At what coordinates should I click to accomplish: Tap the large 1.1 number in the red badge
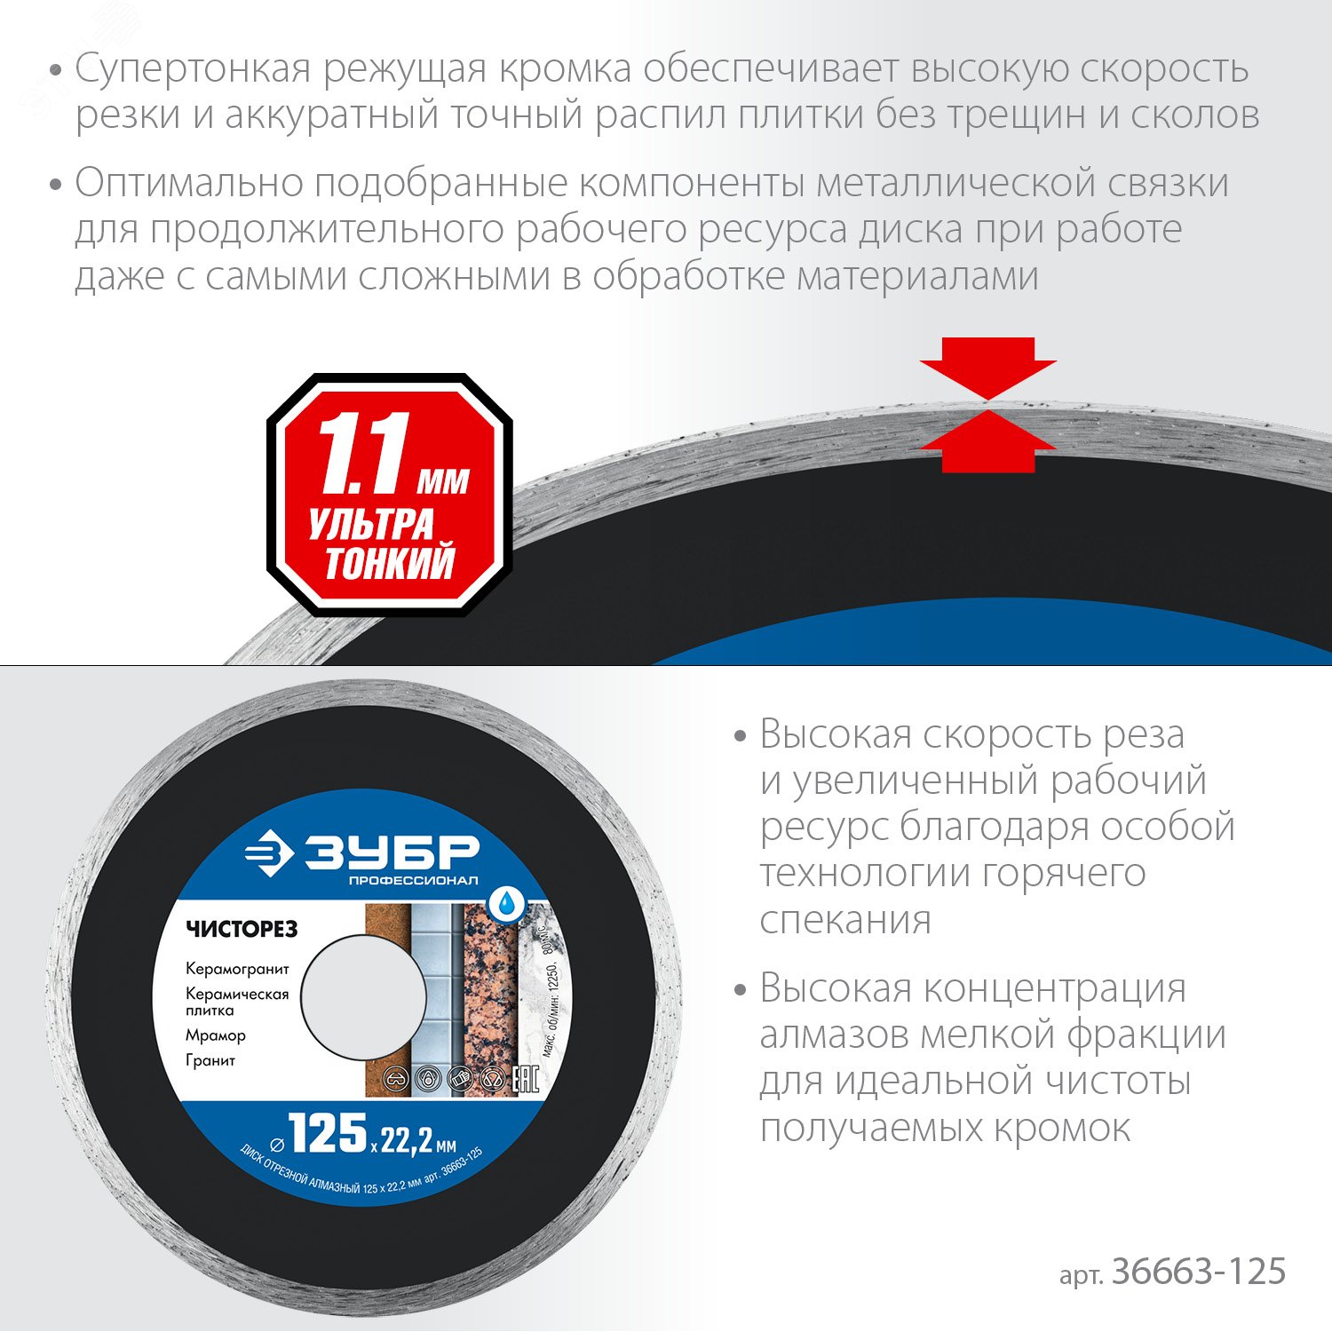point(364,454)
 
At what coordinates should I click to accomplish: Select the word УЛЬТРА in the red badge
point(370,524)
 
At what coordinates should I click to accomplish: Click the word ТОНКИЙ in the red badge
point(390,563)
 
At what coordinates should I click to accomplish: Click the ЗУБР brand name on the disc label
point(392,853)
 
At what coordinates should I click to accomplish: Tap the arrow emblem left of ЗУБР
point(268,853)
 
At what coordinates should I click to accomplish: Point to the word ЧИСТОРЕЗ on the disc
point(242,929)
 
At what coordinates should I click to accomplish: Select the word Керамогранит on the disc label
point(237,969)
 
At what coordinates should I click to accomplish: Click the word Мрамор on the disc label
point(216,1035)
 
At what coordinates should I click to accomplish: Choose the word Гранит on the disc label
point(210,1060)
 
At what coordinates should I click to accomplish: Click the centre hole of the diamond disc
point(363,998)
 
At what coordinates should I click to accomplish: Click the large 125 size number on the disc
point(328,1133)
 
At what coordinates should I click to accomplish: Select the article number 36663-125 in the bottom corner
point(1198,1272)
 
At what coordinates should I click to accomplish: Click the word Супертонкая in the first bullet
point(192,69)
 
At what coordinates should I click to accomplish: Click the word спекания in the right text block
point(844,920)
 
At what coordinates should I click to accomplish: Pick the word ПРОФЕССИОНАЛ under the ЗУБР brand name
point(413,880)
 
